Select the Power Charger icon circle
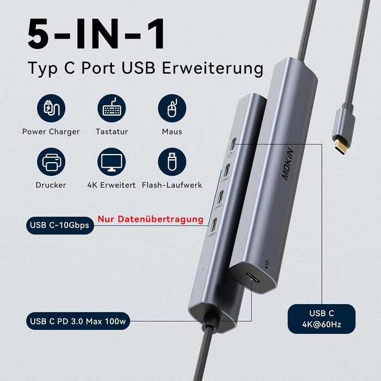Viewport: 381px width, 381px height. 51,108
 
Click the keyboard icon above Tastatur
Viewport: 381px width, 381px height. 112,108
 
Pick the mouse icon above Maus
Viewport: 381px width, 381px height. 172,108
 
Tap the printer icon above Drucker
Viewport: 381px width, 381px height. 51,162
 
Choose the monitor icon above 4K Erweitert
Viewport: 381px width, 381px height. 112,162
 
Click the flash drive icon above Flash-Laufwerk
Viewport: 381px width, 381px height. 172,162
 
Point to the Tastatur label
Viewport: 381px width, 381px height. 112,132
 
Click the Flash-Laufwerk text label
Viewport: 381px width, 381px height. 172,185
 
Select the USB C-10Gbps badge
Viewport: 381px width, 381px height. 60,225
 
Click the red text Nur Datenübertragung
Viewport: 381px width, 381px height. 150,220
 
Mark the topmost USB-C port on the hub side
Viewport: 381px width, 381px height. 233,145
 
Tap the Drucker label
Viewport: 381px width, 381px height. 51,185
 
